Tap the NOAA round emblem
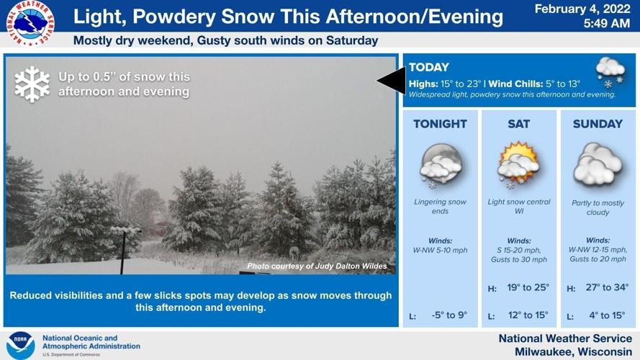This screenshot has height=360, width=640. [x=20, y=345]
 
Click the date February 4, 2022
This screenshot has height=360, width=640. [x=582, y=9]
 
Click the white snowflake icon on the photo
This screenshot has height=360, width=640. [x=32, y=84]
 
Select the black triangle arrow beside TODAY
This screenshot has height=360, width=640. [x=392, y=80]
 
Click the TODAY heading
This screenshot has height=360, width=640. [x=429, y=67]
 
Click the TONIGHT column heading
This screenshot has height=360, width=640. [x=440, y=124]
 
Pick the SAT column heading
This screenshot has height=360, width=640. [x=518, y=124]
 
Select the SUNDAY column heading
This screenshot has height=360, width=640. [x=598, y=124]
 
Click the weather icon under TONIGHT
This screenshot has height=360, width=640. [x=441, y=165]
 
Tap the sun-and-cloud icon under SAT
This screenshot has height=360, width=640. [x=518, y=163]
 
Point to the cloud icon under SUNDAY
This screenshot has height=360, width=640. [x=598, y=165]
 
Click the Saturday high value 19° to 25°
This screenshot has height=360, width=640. [x=528, y=287]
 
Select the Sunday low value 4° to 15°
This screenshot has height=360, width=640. [x=607, y=315]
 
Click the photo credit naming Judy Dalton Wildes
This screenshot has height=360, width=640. [x=317, y=266]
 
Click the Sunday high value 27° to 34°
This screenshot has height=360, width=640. [x=607, y=287]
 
